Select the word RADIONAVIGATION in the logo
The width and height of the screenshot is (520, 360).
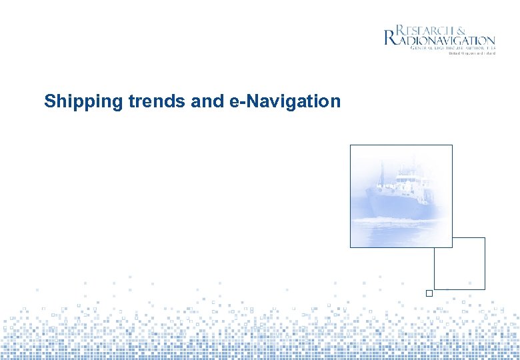447,40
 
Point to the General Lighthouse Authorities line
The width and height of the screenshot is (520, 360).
453,49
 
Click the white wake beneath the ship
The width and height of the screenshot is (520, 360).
400,220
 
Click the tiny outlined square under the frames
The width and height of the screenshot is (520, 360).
429,293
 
